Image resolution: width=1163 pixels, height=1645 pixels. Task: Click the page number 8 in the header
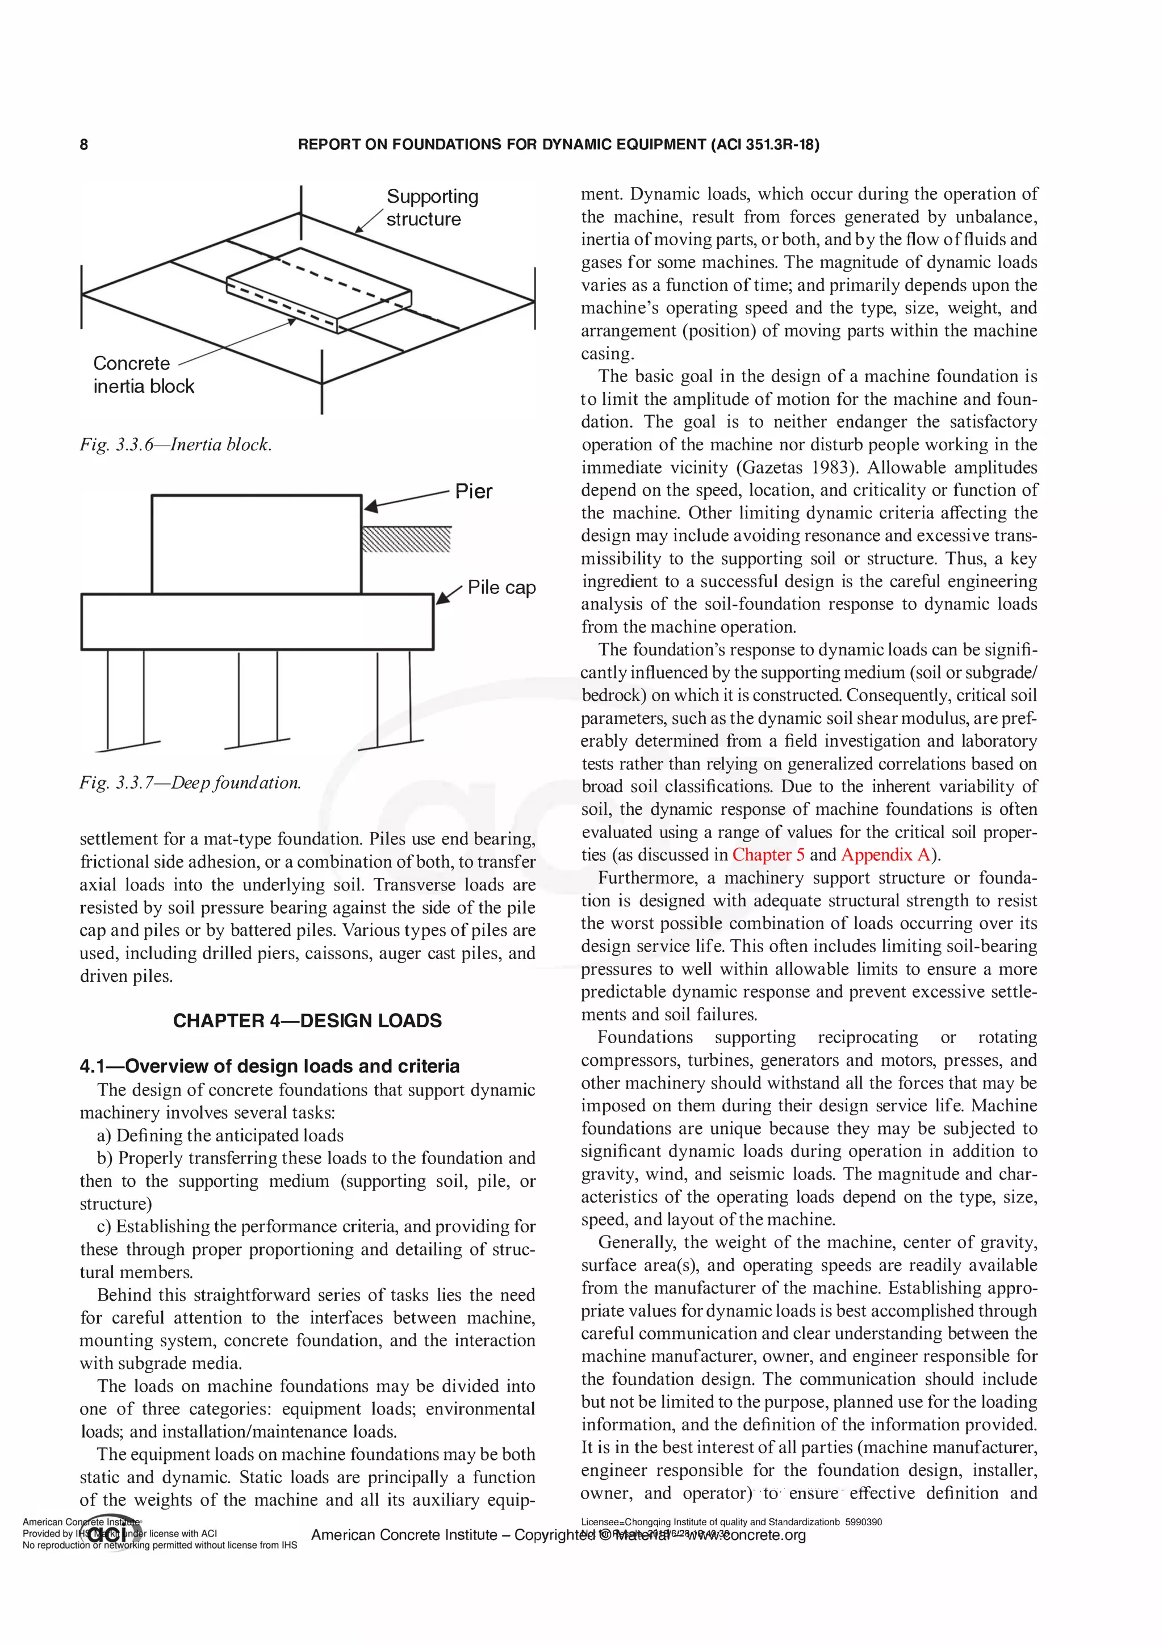click(84, 145)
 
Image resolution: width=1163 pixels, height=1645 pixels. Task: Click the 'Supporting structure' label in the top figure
click(432, 208)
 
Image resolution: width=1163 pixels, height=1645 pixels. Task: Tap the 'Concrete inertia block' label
click(143, 375)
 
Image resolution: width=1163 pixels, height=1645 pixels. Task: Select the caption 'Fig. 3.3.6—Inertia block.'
click(175, 445)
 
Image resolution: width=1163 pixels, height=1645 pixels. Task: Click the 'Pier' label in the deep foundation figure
click(474, 492)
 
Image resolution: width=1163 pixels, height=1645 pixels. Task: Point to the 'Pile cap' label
click(501, 588)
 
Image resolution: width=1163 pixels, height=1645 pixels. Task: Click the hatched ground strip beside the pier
click(406, 539)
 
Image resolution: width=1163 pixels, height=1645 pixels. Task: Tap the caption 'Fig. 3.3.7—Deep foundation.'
click(190, 783)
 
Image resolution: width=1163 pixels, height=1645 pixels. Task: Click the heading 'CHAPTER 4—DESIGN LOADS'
click(307, 1021)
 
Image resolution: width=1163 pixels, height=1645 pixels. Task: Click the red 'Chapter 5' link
click(768, 855)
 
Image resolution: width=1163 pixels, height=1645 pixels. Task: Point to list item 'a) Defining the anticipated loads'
click(220, 1136)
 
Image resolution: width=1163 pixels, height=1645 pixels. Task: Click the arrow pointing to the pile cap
click(449, 595)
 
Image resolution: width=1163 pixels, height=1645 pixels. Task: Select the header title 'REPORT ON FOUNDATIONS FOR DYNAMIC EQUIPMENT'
click(501, 145)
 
